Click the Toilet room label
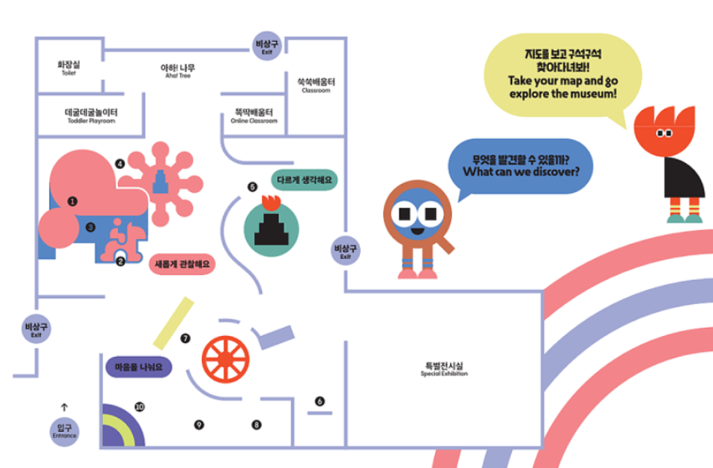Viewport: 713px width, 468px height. [69, 67]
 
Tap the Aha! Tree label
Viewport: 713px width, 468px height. [178, 71]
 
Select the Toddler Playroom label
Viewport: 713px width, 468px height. [91, 115]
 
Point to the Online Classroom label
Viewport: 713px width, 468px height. [254, 115]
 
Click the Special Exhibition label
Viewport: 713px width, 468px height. [444, 369]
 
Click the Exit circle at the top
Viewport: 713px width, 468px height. [267, 45]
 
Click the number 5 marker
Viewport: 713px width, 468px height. [253, 187]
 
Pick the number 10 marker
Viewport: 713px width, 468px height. [140, 407]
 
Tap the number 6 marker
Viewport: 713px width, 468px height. [320, 402]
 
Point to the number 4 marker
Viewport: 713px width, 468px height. [121, 164]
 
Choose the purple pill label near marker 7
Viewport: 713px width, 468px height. [139, 366]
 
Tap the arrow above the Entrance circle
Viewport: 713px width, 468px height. [64, 407]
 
